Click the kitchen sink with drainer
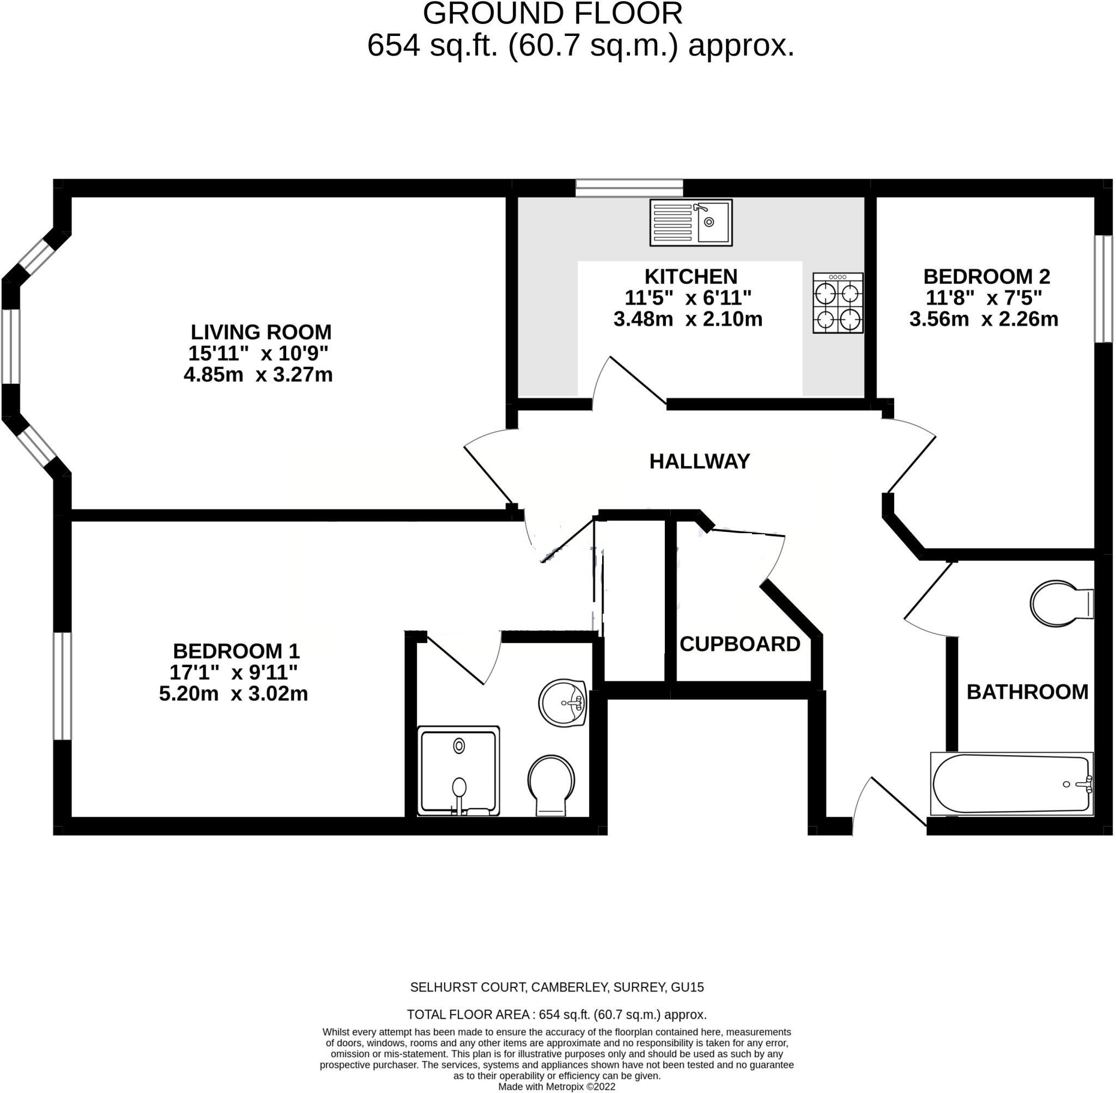click(690, 222)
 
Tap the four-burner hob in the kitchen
click(838, 303)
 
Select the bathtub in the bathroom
click(1011, 784)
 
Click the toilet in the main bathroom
click(1060, 603)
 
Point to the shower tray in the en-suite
click(458, 771)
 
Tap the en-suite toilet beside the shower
click(551, 784)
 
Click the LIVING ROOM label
click(261, 332)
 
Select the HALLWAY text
click(699, 461)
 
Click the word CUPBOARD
click(739, 644)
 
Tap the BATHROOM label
click(1027, 692)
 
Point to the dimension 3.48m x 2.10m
click(688, 319)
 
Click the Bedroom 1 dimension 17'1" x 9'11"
click(233, 672)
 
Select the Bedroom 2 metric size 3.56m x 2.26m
click(984, 319)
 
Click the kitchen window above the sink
click(629, 188)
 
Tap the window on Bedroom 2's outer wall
click(1102, 289)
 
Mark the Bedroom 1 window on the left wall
click(62, 686)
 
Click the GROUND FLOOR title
click(552, 14)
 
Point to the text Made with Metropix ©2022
click(556, 1086)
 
